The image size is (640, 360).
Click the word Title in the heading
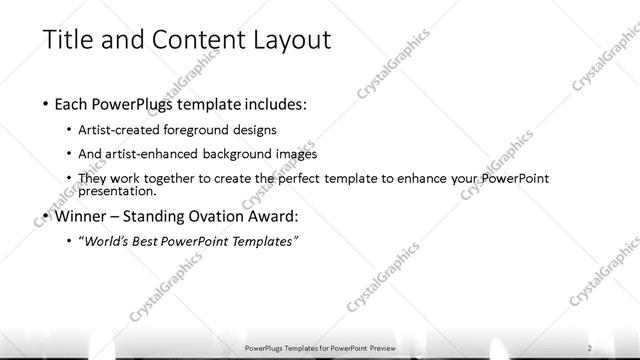[70, 40]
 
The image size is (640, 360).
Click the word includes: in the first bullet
[272, 103]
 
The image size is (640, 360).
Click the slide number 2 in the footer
[590, 347]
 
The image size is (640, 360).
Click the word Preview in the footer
[384, 347]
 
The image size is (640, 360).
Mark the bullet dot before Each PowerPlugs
[46, 104]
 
